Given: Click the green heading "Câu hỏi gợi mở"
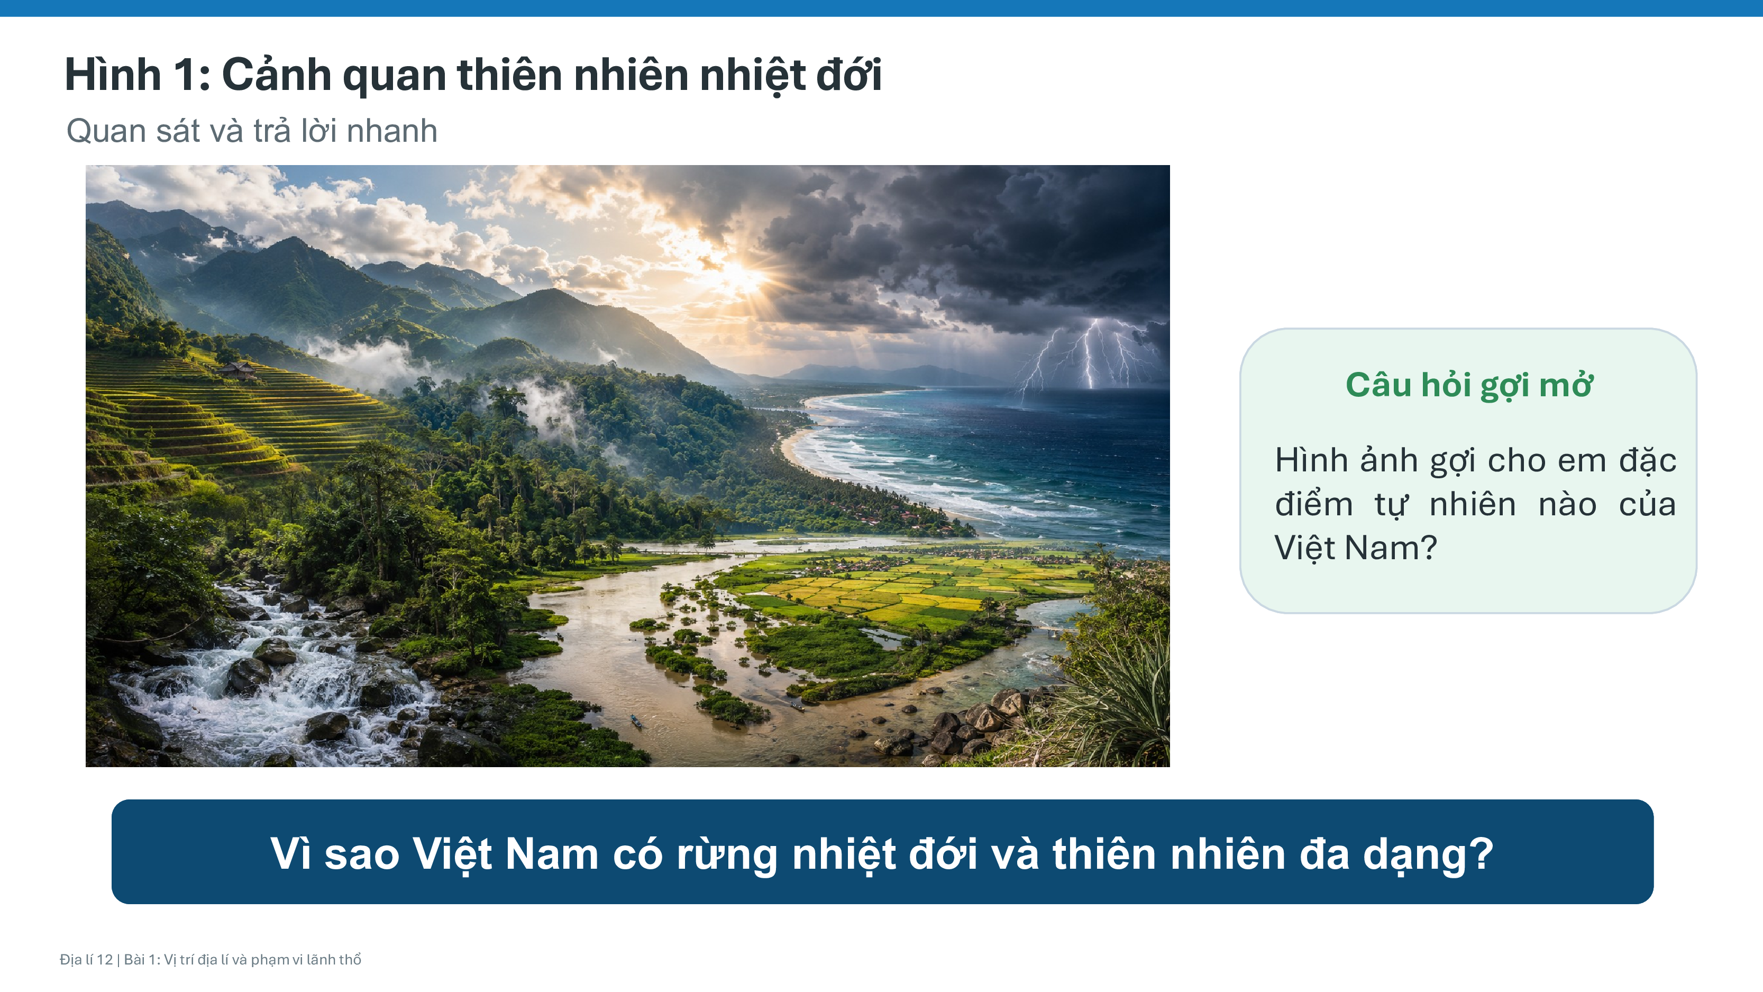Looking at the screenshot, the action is click(x=1469, y=386).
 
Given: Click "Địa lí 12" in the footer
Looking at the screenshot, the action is click(x=86, y=959).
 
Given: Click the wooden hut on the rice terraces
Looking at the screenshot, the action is click(x=237, y=370).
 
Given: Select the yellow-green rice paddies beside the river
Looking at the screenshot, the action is click(x=910, y=589).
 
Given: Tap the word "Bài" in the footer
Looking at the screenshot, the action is click(x=135, y=959).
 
